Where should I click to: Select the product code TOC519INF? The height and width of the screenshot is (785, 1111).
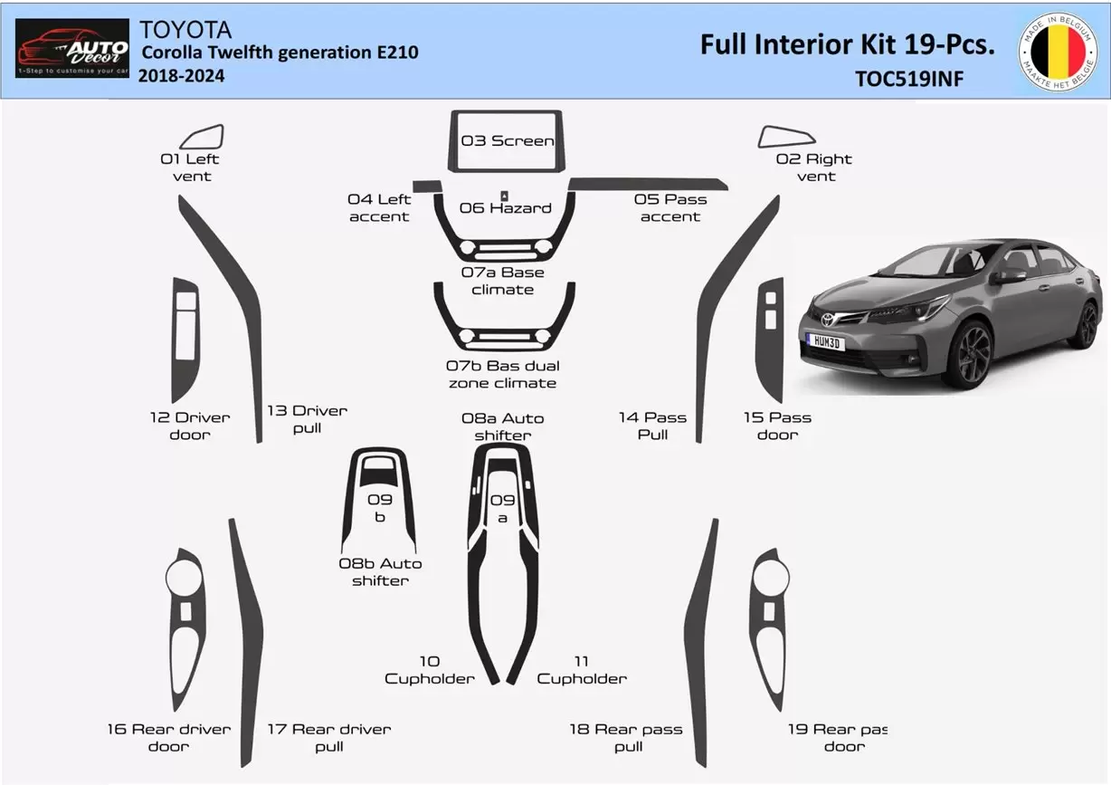click(909, 79)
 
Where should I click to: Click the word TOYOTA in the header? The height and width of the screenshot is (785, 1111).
click(185, 30)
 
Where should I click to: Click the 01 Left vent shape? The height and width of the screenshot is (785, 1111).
click(202, 138)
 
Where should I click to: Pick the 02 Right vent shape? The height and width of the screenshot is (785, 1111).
click(786, 137)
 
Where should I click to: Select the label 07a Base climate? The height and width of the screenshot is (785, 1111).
click(503, 281)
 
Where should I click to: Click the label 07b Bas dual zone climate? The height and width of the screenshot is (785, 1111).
click(503, 374)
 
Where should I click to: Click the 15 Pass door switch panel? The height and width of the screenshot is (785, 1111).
click(772, 340)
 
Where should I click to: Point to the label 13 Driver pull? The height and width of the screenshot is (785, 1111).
click(307, 419)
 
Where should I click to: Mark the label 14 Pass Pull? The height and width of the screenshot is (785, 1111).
click(652, 426)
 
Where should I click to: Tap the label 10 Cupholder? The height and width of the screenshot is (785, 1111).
click(430, 670)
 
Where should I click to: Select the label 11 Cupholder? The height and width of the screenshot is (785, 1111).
click(582, 670)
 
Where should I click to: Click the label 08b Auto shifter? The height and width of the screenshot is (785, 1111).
click(380, 571)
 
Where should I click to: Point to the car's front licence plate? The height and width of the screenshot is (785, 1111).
click(824, 341)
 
